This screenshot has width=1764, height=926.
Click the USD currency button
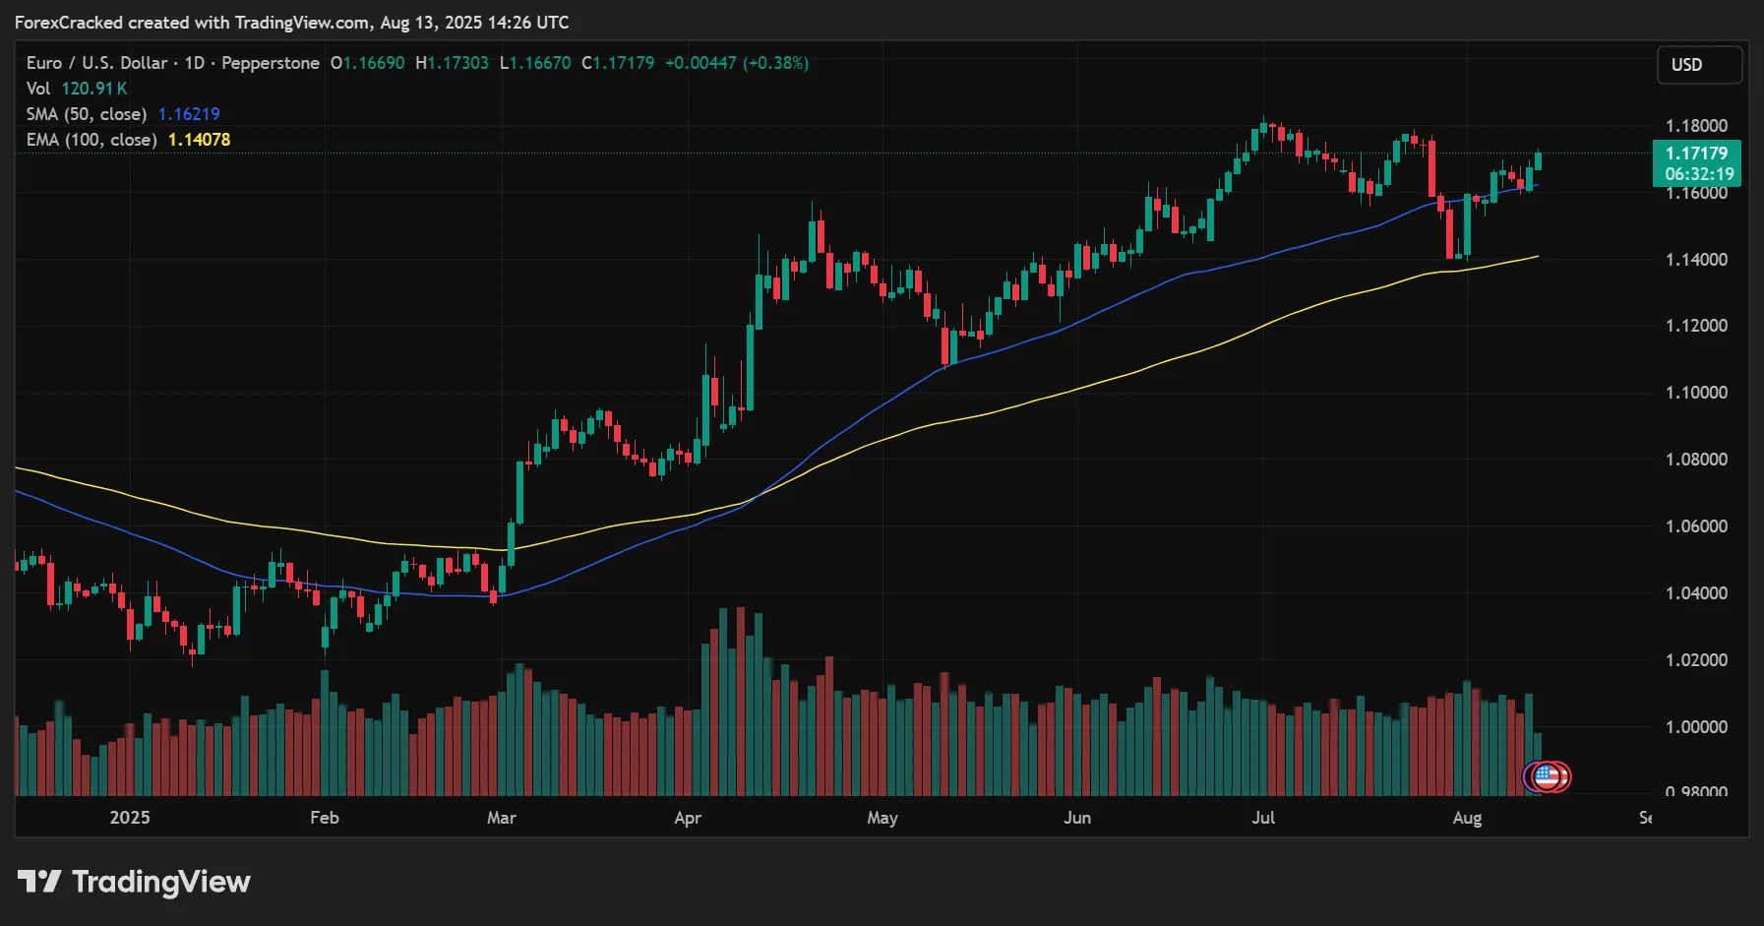pyautogui.click(x=1699, y=65)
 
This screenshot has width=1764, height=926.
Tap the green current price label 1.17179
pyautogui.click(x=1696, y=154)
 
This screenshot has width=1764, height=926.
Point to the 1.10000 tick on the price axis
pyautogui.click(x=1696, y=393)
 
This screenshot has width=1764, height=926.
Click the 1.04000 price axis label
pyautogui.click(x=1696, y=593)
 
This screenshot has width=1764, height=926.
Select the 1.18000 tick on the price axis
pyautogui.click(x=1696, y=126)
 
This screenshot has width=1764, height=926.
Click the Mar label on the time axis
pyautogui.click(x=501, y=818)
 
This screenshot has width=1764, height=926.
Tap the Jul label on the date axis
pyautogui.click(x=1263, y=818)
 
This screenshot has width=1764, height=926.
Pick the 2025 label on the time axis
pyautogui.click(x=130, y=818)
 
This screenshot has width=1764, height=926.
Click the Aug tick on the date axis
pyautogui.click(x=1467, y=818)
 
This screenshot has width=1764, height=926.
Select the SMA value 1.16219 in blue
pyautogui.click(x=189, y=114)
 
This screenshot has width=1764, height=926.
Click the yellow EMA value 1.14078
pyautogui.click(x=199, y=140)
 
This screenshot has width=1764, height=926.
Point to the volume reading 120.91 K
pyautogui.click(x=94, y=89)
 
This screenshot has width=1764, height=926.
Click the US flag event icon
pyautogui.click(x=1548, y=777)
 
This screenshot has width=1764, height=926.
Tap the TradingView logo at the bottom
pyautogui.click(x=134, y=882)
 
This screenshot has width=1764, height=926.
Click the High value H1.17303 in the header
pyautogui.click(x=452, y=63)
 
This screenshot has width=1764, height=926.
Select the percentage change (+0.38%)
pyautogui.click(x=775, y=63)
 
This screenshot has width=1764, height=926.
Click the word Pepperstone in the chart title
pyautogui.click(x=271, y=63)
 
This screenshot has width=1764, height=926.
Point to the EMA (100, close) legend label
pyautogui.click(x=91, y=140)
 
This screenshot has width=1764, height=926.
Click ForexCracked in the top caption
pyautogui.click(x=69, y=23)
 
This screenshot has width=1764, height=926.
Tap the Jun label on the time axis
pyautogui.click(x=1077, y=818)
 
